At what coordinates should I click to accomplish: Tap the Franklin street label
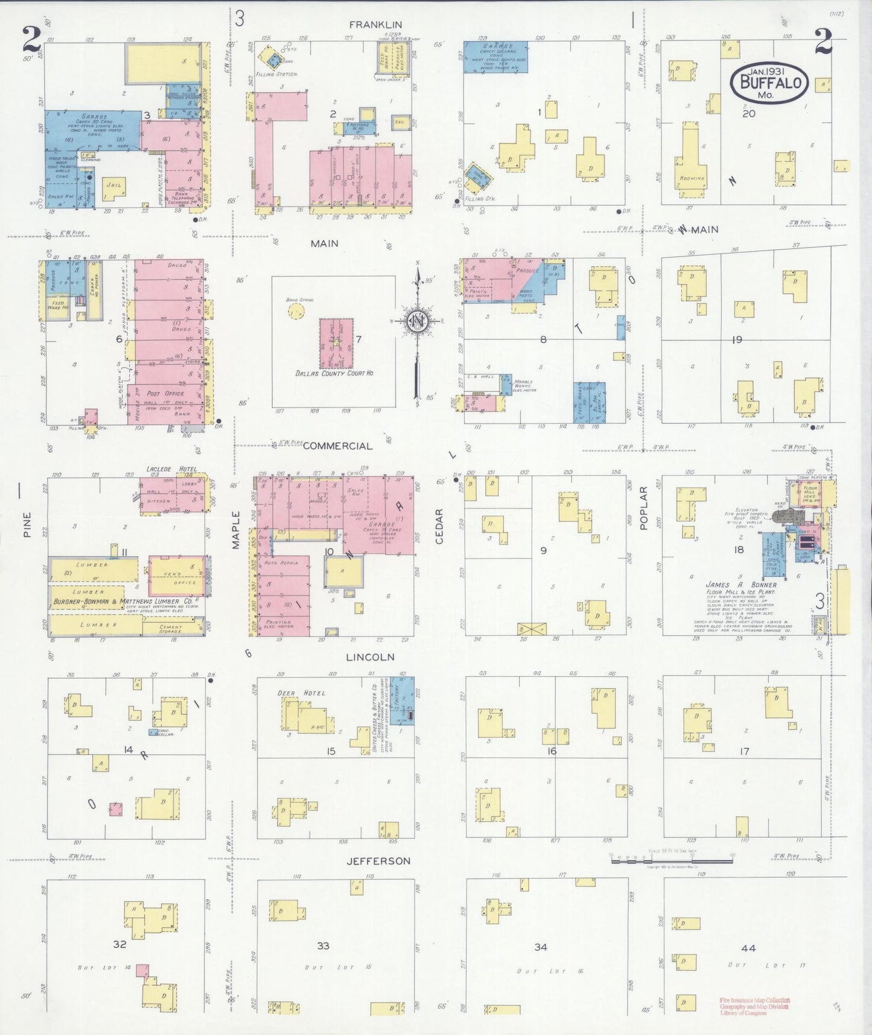(x=375, y=25)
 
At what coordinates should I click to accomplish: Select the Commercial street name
(x=337, y=446)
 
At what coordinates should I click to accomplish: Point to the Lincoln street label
(x=370, y=657)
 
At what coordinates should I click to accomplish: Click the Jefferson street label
(x=378, y=861)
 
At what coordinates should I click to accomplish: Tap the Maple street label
(x=236, y=530)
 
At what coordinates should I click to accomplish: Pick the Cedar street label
(x=439, y=526)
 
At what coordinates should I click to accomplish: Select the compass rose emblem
(x=417, y=321)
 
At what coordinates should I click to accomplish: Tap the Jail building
(x=114, y=188)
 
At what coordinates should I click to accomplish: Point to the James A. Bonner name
(x=741, y=585)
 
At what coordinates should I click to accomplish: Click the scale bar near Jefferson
(x=672, y=859)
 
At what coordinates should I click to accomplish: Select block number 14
(x=128, y=749)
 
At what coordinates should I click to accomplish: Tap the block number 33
(x=323, y=946)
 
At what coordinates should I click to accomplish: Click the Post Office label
(x=166, y=393)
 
